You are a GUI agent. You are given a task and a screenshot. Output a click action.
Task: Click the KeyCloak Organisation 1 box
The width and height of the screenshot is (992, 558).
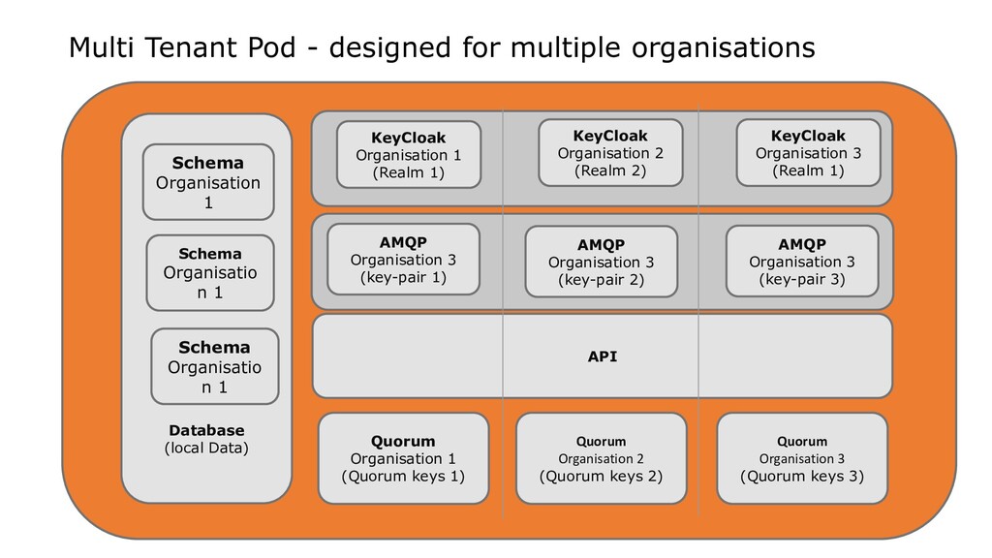pos(409,154)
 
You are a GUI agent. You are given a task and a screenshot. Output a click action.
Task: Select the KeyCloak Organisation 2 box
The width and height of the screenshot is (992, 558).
pos(610,152)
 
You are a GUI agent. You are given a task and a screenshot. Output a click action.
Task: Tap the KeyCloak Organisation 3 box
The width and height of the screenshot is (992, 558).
pos(809,152)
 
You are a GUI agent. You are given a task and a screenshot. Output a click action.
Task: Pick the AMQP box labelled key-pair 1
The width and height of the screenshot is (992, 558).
pos(404,260)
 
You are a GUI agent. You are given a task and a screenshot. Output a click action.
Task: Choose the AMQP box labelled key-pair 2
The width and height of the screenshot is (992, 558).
pos(601,262)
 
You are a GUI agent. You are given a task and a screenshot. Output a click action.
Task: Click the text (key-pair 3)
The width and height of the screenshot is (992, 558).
pos(802,280)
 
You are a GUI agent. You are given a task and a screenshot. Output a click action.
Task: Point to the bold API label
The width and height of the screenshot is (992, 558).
pos(603,356)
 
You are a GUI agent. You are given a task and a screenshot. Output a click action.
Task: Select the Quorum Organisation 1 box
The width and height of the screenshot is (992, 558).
pos(404,458)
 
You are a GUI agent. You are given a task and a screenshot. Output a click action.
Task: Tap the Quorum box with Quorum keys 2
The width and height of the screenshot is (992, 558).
pos(601,458)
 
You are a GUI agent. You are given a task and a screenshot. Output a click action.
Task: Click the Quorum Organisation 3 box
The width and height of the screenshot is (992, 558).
pos(802,458)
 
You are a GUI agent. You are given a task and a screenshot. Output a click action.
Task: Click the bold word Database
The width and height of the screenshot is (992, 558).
pos(207,430)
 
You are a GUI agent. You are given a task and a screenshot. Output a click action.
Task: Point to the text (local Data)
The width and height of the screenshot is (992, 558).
pos(207,449)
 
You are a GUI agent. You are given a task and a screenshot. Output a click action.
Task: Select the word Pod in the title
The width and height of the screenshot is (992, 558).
pos(271,47)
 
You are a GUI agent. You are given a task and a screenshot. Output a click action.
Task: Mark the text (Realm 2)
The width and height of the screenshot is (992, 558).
pos(610,170)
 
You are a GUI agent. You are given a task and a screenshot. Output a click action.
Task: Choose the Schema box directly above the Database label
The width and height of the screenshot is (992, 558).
pos(215,366)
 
